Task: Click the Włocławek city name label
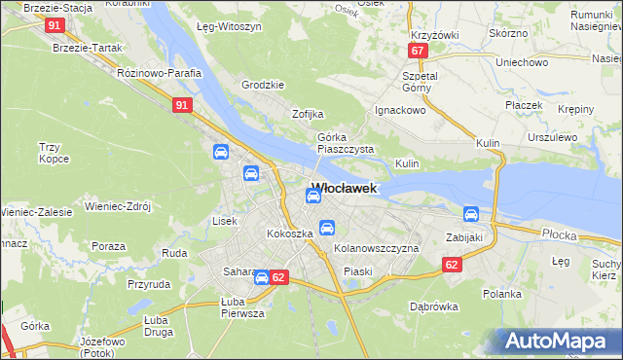344,188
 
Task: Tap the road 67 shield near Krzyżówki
418,51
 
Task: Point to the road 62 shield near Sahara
279,277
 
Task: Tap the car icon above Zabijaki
471,214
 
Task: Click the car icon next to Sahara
261,277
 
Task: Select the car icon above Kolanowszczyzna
328,228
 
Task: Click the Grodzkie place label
262,85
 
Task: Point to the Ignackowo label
402,111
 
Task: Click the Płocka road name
559,234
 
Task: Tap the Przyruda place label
149,285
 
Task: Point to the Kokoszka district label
289,234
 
